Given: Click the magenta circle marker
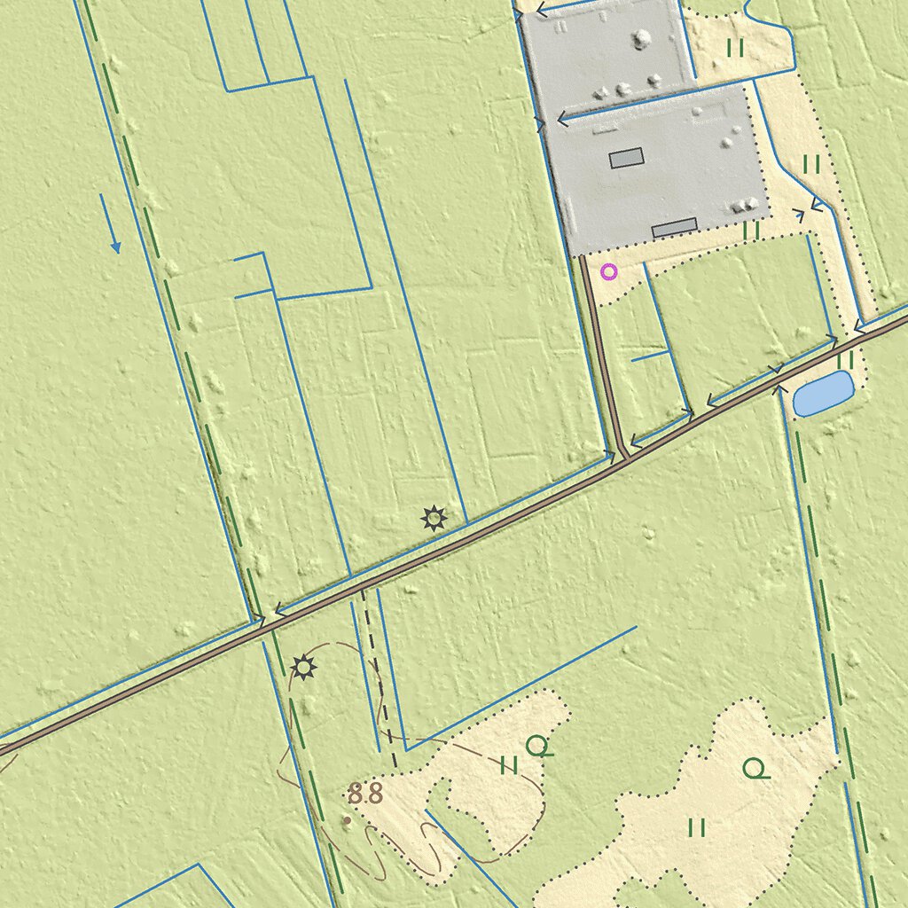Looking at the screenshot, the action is coord(608,271).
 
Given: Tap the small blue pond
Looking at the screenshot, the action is coord(823,394).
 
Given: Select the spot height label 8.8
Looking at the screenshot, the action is coord(364,794).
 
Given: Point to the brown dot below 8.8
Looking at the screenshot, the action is coord(347,820).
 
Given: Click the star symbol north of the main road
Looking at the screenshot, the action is coord(434,517).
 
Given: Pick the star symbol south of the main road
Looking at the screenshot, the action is coord(303,667).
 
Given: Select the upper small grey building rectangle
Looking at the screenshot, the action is coord(626,159).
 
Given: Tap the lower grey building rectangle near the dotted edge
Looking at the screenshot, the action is coord(674,228).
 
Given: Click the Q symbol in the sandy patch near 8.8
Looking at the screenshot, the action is coord(537,747).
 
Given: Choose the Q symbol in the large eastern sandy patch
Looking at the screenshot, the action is coord(755,769).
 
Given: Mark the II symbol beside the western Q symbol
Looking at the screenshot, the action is coord(509,765).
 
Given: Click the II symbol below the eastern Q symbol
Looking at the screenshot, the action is coord(697,827).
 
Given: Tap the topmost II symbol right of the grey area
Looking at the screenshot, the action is coord(735,48).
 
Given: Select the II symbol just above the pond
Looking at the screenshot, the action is coord(845,360).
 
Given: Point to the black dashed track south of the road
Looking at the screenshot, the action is coord(380,683).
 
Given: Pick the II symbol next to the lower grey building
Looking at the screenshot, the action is coord(752,230).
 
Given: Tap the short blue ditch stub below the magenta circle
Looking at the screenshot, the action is coord(650,356).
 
